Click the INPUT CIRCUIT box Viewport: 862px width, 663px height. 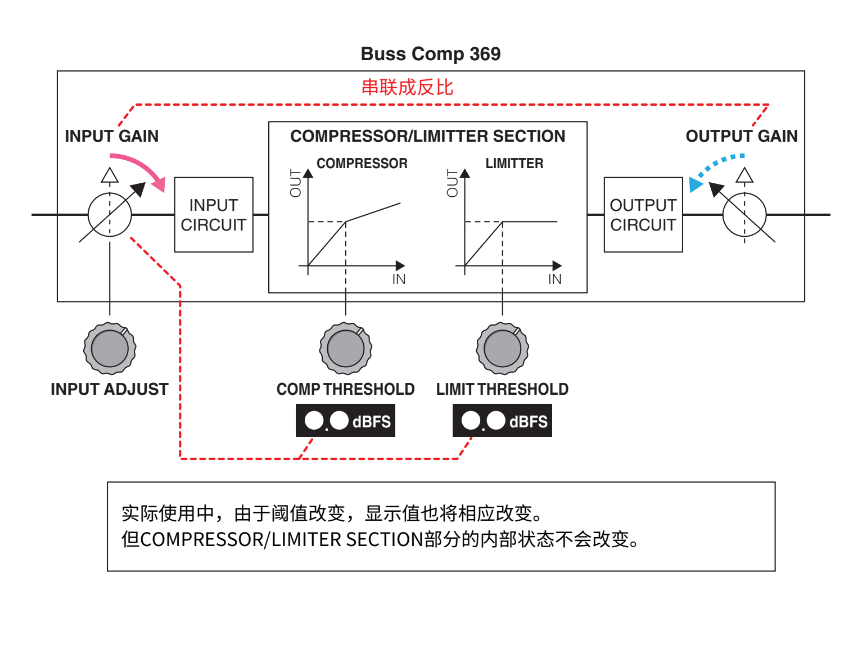(x=214, y=215)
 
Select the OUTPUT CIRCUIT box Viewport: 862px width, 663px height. (x=643, y=215)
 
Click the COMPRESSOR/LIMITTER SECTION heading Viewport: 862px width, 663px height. (x=427, y=136)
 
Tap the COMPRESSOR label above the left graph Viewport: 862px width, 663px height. (x=362, y=164)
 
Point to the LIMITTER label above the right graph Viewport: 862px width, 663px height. (x=514, y=164)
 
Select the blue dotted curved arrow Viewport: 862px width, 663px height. (x=714, y=168)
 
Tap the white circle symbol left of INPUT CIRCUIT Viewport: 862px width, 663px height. (x=110, y=215)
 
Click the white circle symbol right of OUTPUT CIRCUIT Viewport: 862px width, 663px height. (x=744, y=215)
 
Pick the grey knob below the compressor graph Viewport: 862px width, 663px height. (x=345, y=349)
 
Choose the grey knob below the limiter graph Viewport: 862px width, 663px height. (x=502, y=349)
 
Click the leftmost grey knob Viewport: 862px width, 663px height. (x=110, y=349)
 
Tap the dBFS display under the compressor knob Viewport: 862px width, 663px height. (x=345, y=421)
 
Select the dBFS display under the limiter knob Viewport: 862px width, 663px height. (x=502, y=421)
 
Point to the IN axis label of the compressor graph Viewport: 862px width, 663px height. (x=399, y=279)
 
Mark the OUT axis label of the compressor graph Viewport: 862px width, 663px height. (x=296, y=183)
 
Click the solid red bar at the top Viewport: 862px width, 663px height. (x=407, y=87)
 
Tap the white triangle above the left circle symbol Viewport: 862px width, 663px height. (x=110, y=176)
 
